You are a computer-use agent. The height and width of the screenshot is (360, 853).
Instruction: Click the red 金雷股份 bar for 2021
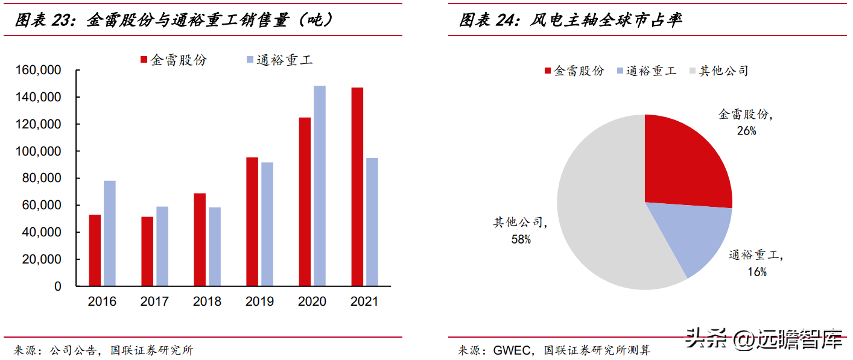tap(357, 186)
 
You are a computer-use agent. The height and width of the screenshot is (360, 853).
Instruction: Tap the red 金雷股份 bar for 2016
tap(95, 250)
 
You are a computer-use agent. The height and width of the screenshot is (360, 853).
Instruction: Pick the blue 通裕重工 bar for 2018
tap(214, 246)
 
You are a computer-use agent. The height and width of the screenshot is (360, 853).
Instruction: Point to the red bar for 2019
tap(252, 221)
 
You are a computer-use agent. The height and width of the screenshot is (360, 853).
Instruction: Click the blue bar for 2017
tap(162, 246)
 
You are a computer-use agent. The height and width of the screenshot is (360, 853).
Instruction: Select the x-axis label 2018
tap(207, 302)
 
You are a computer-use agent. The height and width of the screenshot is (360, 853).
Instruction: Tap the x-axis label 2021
tap(364, 302)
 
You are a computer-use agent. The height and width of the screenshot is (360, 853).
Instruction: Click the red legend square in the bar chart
tap(144, 60)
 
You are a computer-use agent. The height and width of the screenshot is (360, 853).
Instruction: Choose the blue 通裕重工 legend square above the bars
tap(250, 60)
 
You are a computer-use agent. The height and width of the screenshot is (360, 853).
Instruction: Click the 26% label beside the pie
tap(746, 130)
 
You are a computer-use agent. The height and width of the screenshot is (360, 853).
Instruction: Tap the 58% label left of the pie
tap(521, 239)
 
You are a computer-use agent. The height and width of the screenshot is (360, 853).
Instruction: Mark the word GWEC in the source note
tap(510, 350)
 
